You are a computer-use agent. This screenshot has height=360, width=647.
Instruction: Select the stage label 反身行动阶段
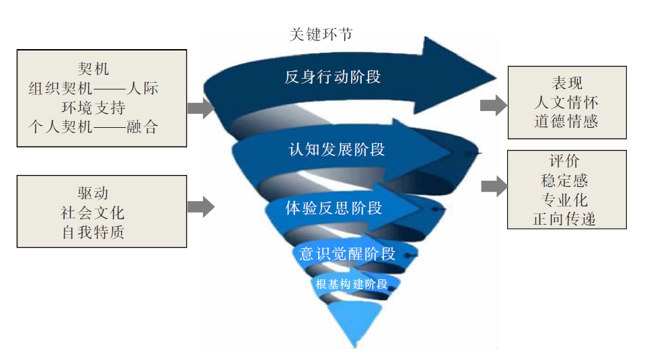coord(332,77)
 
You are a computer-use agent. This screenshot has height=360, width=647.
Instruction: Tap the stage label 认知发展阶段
coord(336,149)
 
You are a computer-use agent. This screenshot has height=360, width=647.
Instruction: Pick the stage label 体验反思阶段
coord(334,208)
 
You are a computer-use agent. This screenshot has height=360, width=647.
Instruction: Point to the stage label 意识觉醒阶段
coord(347,254)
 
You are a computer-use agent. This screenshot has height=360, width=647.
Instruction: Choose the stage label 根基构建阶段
coord(352,284)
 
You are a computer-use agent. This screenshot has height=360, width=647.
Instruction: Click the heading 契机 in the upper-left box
coord(93,69)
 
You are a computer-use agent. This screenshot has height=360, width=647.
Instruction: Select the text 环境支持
coord(93,107)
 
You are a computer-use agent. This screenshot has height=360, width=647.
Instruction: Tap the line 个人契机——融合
coord(93,127)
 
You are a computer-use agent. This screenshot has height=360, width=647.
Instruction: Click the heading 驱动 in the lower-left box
coord(93,193)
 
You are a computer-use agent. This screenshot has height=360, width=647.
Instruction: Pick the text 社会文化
coord(93,213)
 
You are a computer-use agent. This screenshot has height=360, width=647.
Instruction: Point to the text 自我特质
coord(93,232)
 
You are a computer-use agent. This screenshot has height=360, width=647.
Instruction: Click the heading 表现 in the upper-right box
coord(566,83)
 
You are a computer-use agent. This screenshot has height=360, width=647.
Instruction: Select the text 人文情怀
coord(566,102)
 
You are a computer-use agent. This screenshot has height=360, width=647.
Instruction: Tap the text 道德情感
coord(566,121)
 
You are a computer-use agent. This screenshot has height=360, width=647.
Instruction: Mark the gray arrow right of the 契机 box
coord(200,107)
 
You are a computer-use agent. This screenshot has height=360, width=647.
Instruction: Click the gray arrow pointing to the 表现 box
coord(493,105)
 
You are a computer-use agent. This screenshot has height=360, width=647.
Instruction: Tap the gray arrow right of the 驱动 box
coord(200,207)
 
